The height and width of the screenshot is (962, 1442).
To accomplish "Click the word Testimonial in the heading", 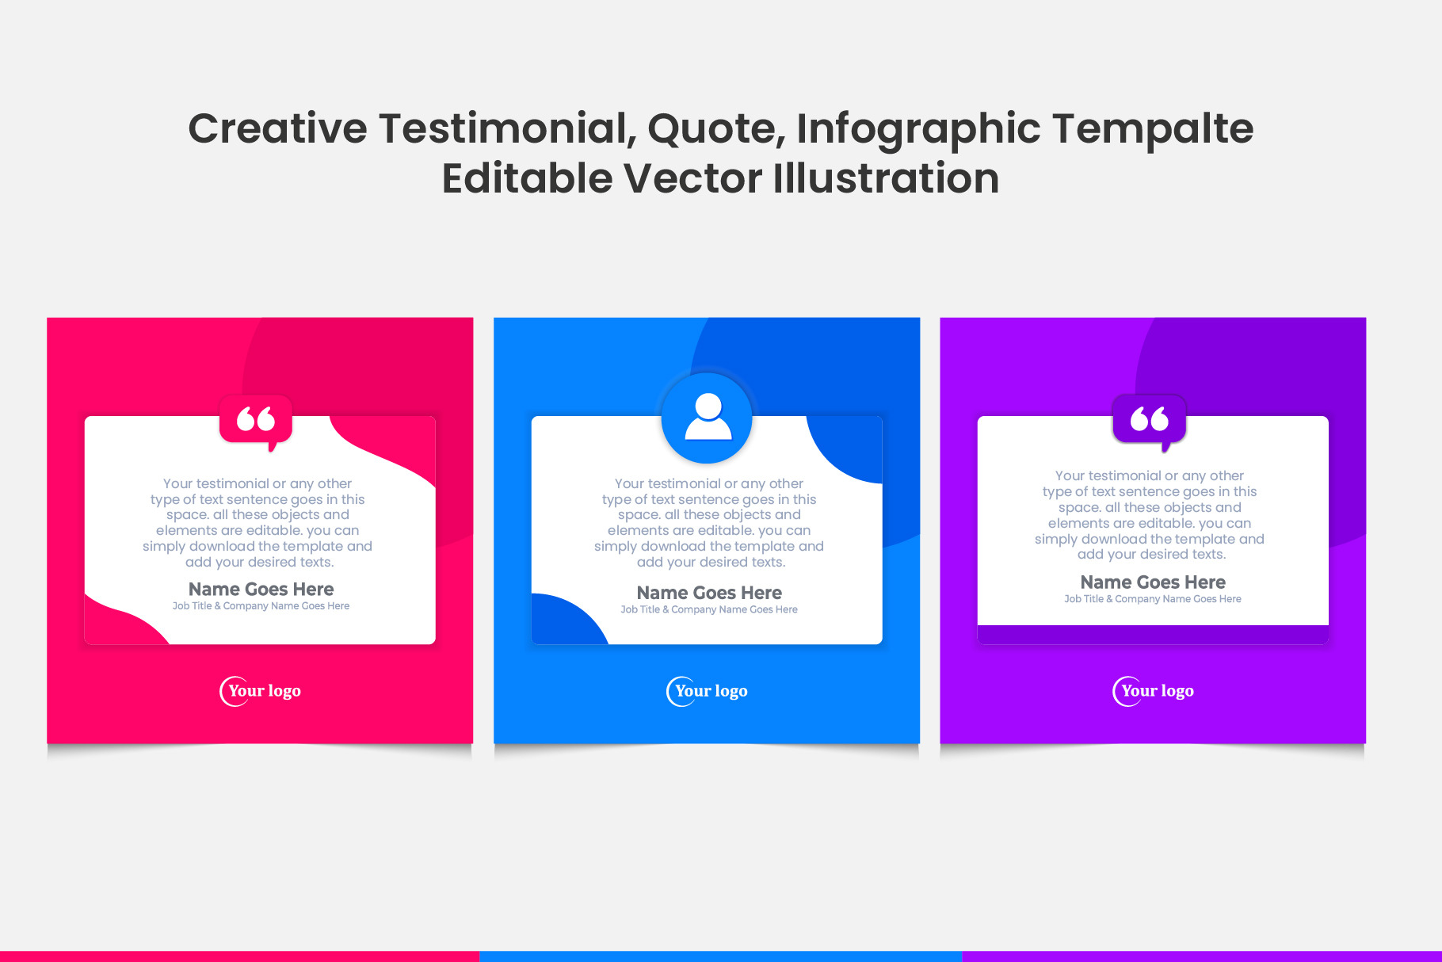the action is click(507, 128).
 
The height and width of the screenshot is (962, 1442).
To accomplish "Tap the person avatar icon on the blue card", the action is click(708, 418).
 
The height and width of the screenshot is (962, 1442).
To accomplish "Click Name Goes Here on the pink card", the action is click(261, 589).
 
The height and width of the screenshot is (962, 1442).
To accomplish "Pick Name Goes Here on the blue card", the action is click(709, 593).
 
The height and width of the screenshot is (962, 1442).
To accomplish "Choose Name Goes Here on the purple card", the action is click(1153, 582).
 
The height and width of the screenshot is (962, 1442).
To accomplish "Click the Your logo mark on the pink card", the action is click(261, 691).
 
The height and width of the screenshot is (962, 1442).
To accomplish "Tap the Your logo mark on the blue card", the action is click(708, 691).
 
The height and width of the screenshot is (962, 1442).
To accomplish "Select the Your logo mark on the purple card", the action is click(1154, 691).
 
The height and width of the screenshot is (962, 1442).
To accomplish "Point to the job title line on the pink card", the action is click(261, 606).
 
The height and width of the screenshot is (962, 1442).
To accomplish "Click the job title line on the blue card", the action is click(709, 610).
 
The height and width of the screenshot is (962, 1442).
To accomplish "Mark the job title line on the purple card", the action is click(1153, 600).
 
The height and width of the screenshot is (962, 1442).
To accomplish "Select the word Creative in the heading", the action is click(278, 128).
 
